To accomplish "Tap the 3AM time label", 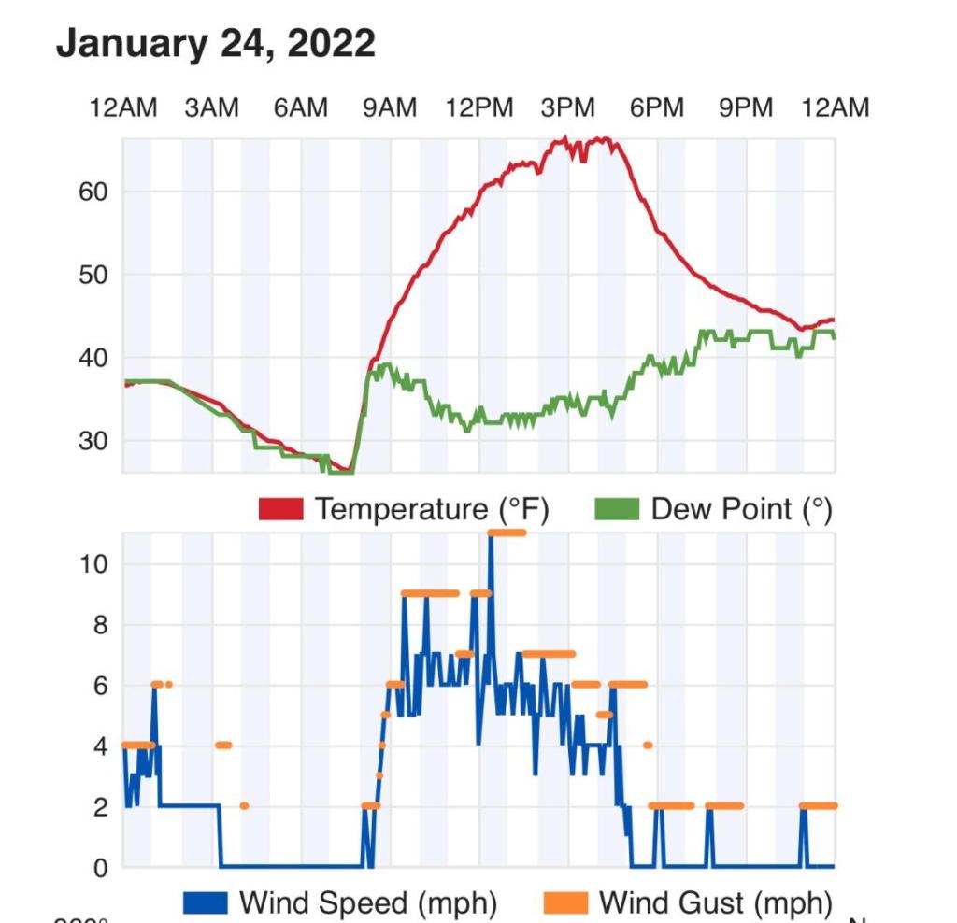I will [211, 108].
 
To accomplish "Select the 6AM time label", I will [301, 108].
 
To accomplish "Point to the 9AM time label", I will [390, 108].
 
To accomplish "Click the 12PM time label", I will [479, 108].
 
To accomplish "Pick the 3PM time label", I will [568, 108].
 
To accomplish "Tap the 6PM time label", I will [657, 108].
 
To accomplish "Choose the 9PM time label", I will [746, 108].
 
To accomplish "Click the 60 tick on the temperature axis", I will [93, 192].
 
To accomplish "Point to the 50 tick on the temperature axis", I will [93, 275].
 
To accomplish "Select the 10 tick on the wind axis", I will [93, 564].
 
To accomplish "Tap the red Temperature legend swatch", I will [280, 509].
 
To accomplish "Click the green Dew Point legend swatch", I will [617, 509].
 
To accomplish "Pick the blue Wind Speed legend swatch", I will [206, 903].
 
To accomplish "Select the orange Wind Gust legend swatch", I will [565, 903].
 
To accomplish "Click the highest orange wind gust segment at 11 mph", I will [507, 532].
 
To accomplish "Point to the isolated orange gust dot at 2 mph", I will [244, 805].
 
